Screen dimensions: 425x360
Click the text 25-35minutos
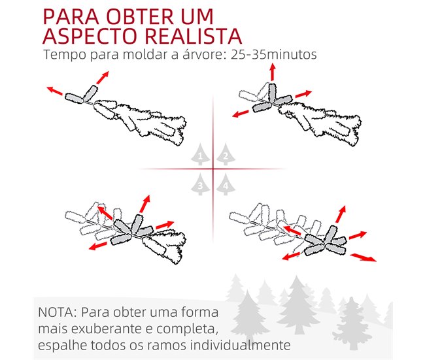(274, 54)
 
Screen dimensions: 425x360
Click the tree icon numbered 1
(200, 154)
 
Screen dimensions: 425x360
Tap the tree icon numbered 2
(226, 154)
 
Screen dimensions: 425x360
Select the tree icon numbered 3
(200, 184)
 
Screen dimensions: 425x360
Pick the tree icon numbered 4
(226, 184)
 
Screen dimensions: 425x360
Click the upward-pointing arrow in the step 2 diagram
(273, 72)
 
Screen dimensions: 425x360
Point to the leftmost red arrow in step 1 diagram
(54, 91)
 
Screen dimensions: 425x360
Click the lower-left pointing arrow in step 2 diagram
(241, 114)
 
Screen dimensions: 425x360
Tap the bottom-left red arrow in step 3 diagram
(97, 246)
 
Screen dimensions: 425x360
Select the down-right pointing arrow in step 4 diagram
(363, 257)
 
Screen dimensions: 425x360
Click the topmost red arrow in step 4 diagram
(341, 214)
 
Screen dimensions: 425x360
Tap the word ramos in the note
(167, 346)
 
